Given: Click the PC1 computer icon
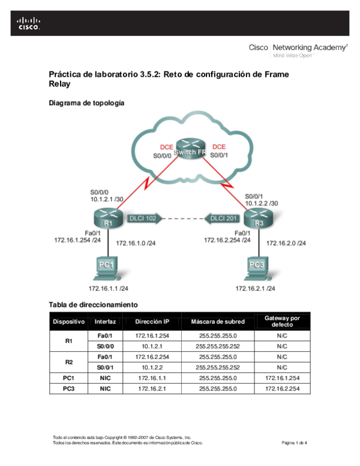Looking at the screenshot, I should pyautogui.click(x=106, y=269).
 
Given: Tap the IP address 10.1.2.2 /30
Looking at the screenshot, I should pyautogui.click(x=261, y=203).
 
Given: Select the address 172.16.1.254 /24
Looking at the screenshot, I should pyautogui.click(x=77, y=240).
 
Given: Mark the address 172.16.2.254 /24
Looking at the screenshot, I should pyautogui.click(x=227, y=240).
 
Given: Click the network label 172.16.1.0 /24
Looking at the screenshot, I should pyautogui.click(x=136, y=243).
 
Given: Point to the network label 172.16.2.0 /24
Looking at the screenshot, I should pyautogui.click(x=286, y=243).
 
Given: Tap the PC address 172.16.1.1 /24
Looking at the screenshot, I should pyautogui.click(x=109, y=288).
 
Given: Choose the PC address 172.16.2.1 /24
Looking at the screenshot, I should pyautogui.click(x=256, y=288).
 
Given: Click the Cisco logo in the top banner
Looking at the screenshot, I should pyautogui.click(x=28, y=23).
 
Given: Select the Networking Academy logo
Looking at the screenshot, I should pyautogui.click(x=298, y=50).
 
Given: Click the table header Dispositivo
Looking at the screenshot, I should pyautogui.click(x=69, y=322).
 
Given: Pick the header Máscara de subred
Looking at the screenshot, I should pyautogui.click(x=218, y=322).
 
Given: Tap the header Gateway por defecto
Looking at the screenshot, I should pyautogui.click(x=282, y=321).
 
